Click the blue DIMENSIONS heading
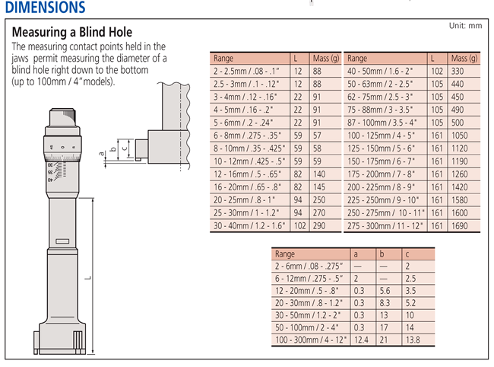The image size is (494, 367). pos(46,7)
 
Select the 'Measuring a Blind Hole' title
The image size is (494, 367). pos(72,32)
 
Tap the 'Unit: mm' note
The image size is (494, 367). pos(465,26)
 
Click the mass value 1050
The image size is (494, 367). pos(460,136)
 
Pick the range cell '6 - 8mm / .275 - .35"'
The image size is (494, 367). pos(247,136)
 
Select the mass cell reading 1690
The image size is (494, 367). pos(460,226)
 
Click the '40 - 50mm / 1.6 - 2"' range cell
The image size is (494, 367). pos(380,72)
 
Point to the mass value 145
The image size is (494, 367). pos(319,187)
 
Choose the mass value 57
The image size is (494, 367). pos(317,136)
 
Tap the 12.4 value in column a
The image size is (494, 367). pos(361,340)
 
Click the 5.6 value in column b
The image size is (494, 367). pos(385,291)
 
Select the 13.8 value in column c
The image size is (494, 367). pos(413,340)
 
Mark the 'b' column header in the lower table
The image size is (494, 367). pos(382,254)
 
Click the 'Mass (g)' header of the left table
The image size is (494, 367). pos(326,59)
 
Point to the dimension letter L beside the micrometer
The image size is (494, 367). pos(88,278)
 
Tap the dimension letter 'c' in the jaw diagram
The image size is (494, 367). pos(125,148)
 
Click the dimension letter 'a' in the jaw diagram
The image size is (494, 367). pos(101,154)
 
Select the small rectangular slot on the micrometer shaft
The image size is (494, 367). pos(62,241)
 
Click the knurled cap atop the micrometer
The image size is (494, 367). pos(62,117)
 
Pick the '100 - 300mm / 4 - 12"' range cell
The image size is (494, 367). pos(311,340)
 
